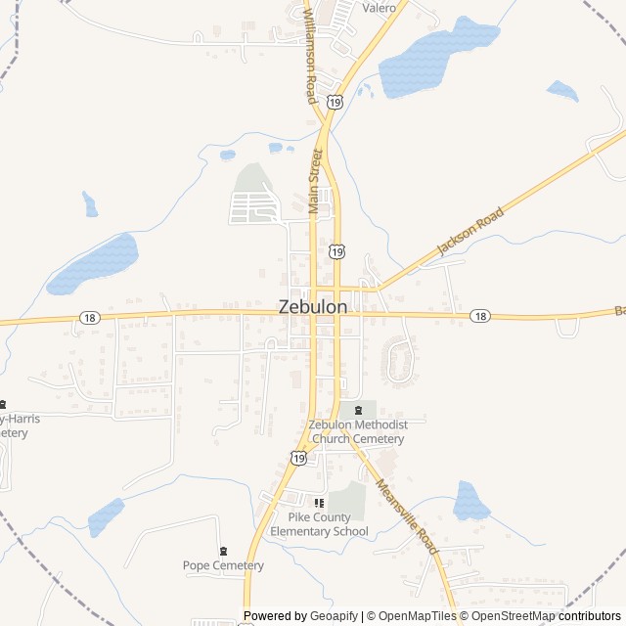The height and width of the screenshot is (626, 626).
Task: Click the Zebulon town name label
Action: point(312,306)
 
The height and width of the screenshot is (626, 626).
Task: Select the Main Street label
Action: point(315,181)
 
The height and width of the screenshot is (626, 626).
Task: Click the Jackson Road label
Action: point(470,231)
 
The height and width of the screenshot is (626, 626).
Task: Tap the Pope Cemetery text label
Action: point(223,565)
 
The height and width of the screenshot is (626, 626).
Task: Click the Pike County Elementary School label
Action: point(320,524)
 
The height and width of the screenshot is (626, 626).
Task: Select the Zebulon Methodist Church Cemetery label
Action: point(358,431)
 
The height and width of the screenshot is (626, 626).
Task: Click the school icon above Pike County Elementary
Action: point(319,503)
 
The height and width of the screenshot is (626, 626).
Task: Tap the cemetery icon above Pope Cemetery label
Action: point(223,551)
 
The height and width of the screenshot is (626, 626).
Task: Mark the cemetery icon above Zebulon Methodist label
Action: point(358,410)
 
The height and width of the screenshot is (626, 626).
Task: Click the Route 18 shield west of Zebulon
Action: point(89,317)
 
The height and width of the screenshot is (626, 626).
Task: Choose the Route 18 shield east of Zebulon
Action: point(479,315)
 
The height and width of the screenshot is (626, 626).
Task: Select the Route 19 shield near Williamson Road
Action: point(335,101)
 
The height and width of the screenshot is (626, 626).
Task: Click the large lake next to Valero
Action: point(437,59)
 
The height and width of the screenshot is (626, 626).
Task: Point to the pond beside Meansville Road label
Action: point(470,501)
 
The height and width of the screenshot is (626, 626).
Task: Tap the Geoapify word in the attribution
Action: point(334,616)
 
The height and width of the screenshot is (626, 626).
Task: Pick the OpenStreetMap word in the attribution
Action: point(512,616)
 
